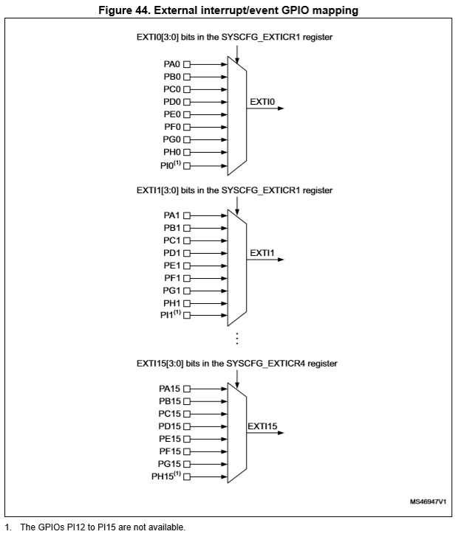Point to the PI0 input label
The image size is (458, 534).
(170, 164)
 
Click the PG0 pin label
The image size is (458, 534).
(171, 139)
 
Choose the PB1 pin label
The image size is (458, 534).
(171, 227)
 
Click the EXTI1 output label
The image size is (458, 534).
(262, 252)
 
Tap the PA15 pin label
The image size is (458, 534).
(170, 388)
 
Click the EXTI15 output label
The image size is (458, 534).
(263, 426)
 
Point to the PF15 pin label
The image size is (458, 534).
(170, 451)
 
